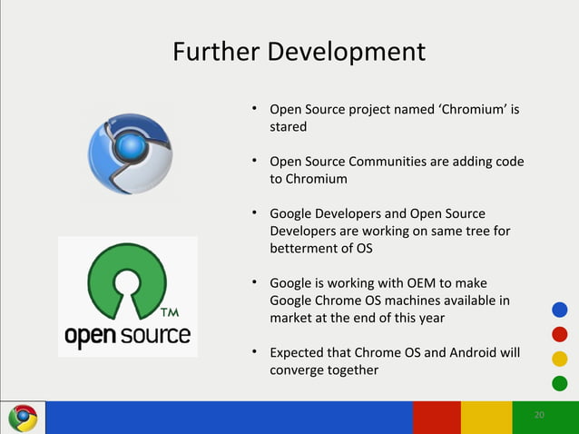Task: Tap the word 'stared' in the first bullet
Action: click(x=288, y=128)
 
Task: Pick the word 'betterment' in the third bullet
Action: click(x=305, y=248)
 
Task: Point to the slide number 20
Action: click(x=539, y=415)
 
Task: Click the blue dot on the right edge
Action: click(x=559, y=310)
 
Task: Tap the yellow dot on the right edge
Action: click(x=559, y=358)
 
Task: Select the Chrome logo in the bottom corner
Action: click(x=23, y=418)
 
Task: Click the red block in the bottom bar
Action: click(x=436, y=418)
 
